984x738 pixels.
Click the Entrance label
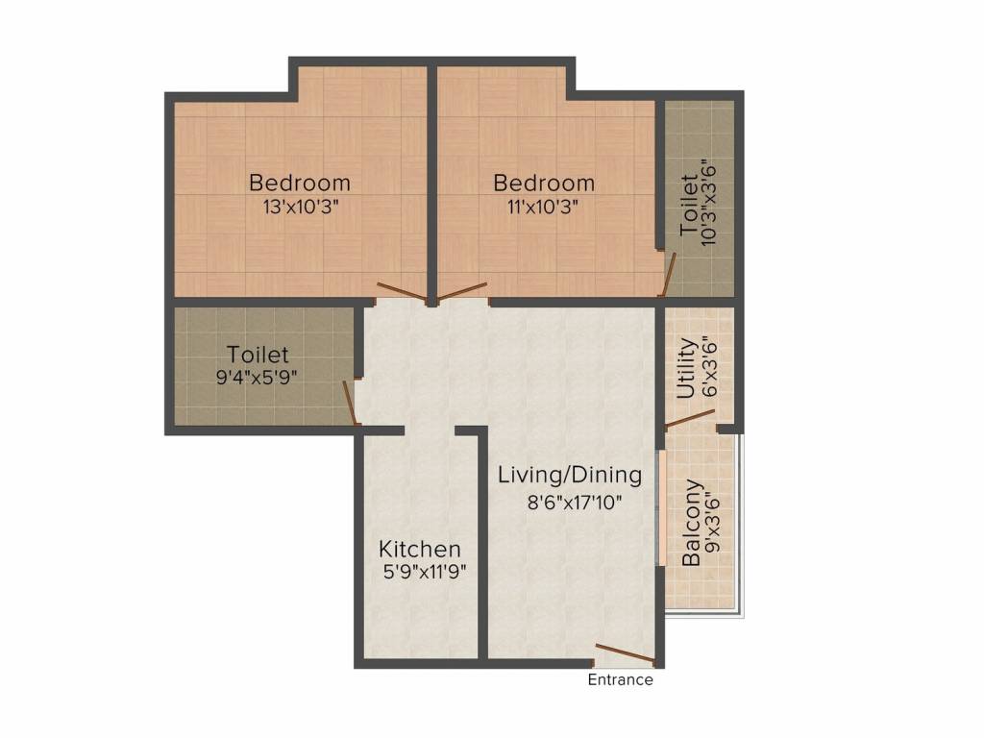pos(620,679)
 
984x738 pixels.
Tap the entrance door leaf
pos(626,652)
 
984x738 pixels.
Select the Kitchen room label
pos(420,549)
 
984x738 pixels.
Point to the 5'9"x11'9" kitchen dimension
pos(425,573)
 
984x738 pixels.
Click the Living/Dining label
pos(570,475)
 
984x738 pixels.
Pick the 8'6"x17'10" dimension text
pos(575,502)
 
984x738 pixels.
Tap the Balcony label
pos(691,523)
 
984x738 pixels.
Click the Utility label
pos(687,368)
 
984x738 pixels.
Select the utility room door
pos(690,418)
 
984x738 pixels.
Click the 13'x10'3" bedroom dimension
pos(301,207)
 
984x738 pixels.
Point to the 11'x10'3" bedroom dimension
pos(542,207)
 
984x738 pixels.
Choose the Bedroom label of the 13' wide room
pos(300,183)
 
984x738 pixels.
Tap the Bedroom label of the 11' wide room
pos(544,183)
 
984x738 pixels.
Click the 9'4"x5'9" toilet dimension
pos(256,378)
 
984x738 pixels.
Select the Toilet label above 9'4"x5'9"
pos(258,355)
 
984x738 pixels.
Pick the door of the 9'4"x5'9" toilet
pos(350,404)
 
